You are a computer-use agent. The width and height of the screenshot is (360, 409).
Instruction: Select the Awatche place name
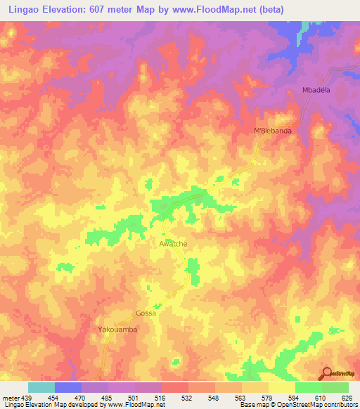pos(172,244)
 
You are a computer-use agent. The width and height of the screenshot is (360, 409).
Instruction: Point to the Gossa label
pos(146,313)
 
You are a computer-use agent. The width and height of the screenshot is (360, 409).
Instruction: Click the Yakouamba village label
pos(116,329)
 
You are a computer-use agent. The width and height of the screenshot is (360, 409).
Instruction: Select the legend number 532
pos(188,397)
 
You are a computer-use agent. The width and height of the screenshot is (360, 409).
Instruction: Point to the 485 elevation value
pos(108,397)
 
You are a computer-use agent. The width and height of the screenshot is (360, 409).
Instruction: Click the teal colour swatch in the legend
pos(41,387)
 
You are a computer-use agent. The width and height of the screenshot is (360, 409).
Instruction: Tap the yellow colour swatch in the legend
pos(282,387)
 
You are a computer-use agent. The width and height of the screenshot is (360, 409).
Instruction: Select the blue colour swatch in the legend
pos(68,387)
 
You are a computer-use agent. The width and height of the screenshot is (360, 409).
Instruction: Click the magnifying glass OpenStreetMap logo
pos(328,372)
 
